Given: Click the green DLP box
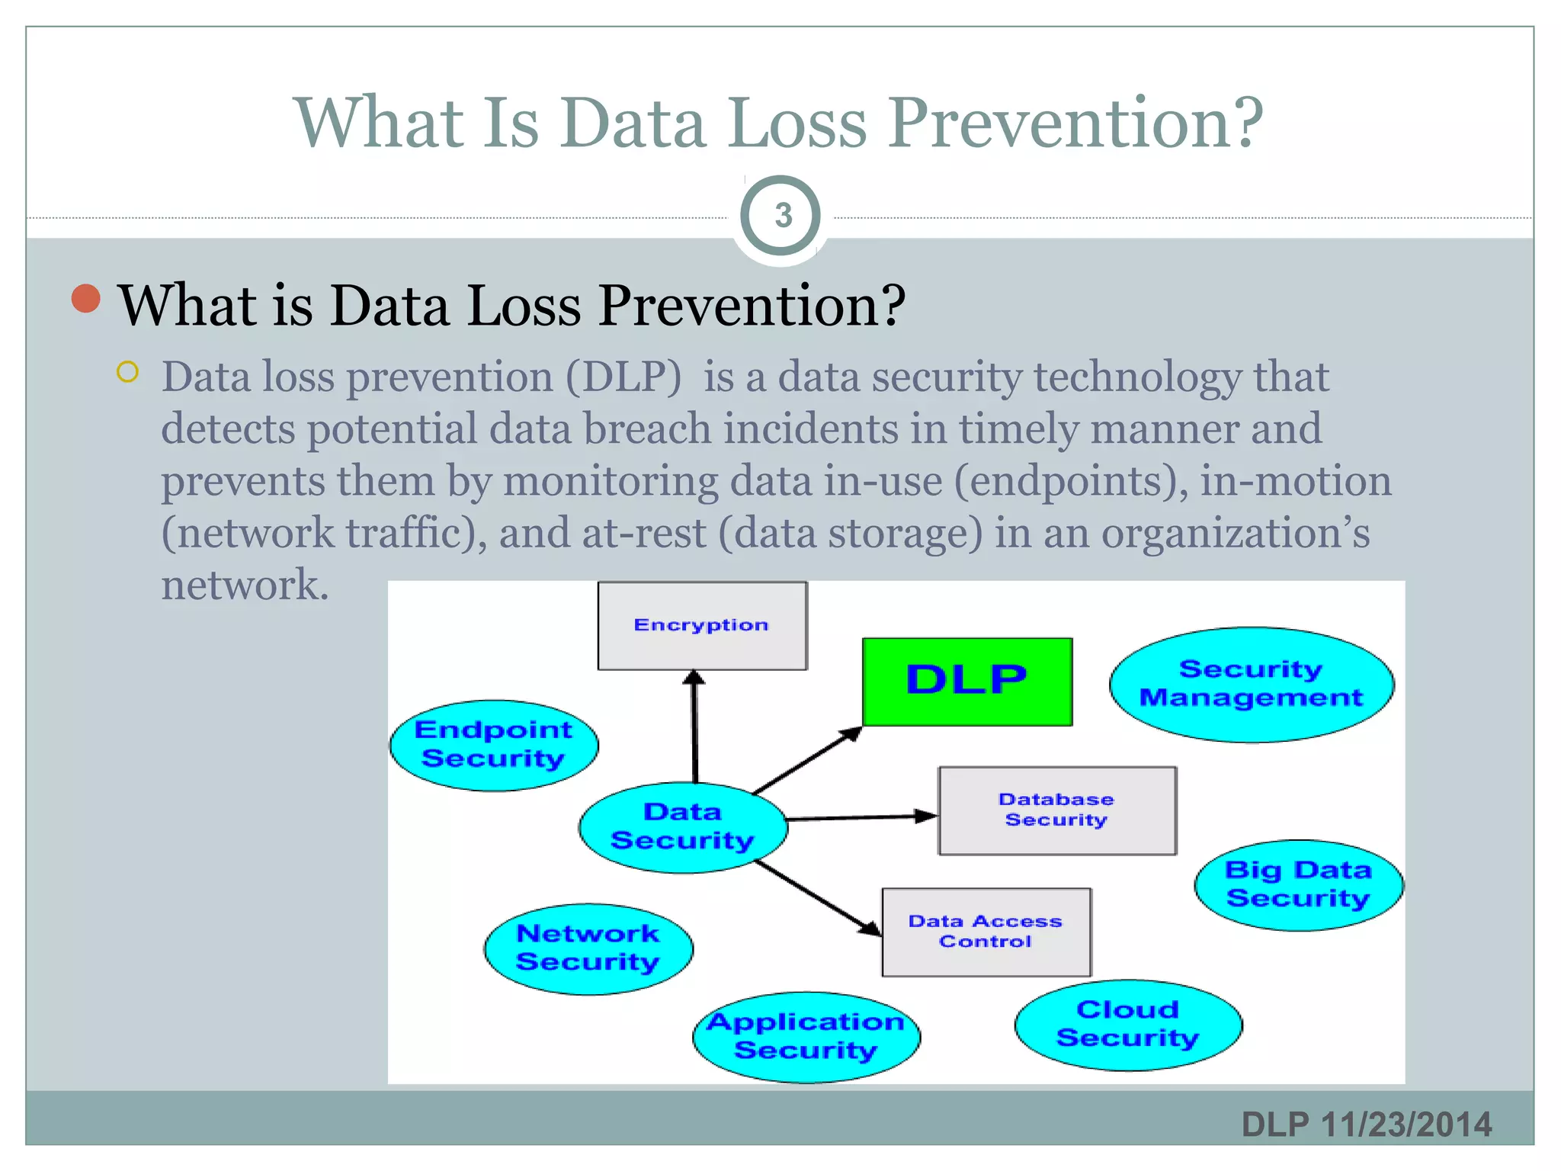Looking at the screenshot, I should (966, 681).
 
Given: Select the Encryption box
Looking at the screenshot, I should (701, 626).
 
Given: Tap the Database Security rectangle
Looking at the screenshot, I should (1056, 810).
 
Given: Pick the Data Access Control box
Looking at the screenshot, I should (986, 932).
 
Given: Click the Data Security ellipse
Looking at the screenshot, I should (682, 827).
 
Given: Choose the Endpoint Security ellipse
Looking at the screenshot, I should (493, 745).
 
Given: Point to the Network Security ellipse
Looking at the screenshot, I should (588, 948).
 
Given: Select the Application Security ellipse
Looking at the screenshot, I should (806, 1037).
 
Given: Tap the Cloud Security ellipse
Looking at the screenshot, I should (1127, 1025).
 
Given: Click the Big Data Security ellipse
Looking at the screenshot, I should (1298, 884).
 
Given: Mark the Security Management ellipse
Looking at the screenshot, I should (1251, 684).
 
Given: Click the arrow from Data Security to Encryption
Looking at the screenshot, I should (694, 728).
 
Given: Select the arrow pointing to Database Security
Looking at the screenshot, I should (861, 817).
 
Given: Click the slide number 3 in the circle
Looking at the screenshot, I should (782, 216).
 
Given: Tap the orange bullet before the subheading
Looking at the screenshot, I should (86, 298).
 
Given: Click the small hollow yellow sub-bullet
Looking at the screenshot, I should (128, 372).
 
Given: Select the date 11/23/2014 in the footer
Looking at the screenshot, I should (1406, 1124).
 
